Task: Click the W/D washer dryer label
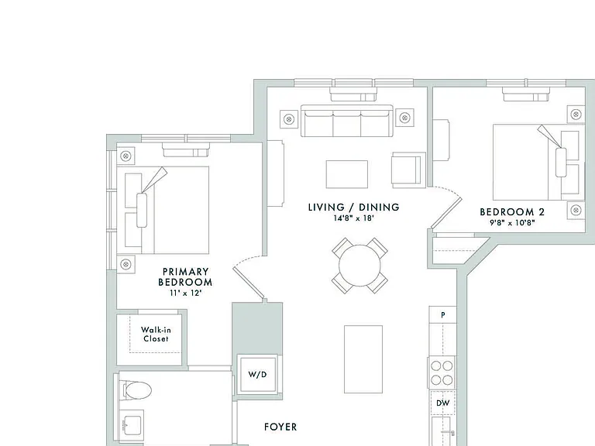[x=257, y=375]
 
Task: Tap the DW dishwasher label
[x=443, y=403]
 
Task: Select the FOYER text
[x=280, y=427]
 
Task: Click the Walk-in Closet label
[x=156, y=334]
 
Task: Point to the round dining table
[x=359, y=266]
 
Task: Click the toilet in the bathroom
[x=136, y=390]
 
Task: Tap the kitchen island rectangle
[x=363, y=359]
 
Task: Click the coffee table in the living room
[x=347, y=174]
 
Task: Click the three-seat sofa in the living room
[x=347, y=121]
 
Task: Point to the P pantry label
[x=443, y=315]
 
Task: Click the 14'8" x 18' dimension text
[x=353, y=218]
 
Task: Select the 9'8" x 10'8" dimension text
[x=512, y=223]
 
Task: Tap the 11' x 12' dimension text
[x=185, y=293]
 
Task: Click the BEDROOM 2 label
[x=512, y=212]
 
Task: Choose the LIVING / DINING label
[x=353, y=207]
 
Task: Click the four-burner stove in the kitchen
[x=442, y=372]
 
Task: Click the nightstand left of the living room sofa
[x=289, y=119]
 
